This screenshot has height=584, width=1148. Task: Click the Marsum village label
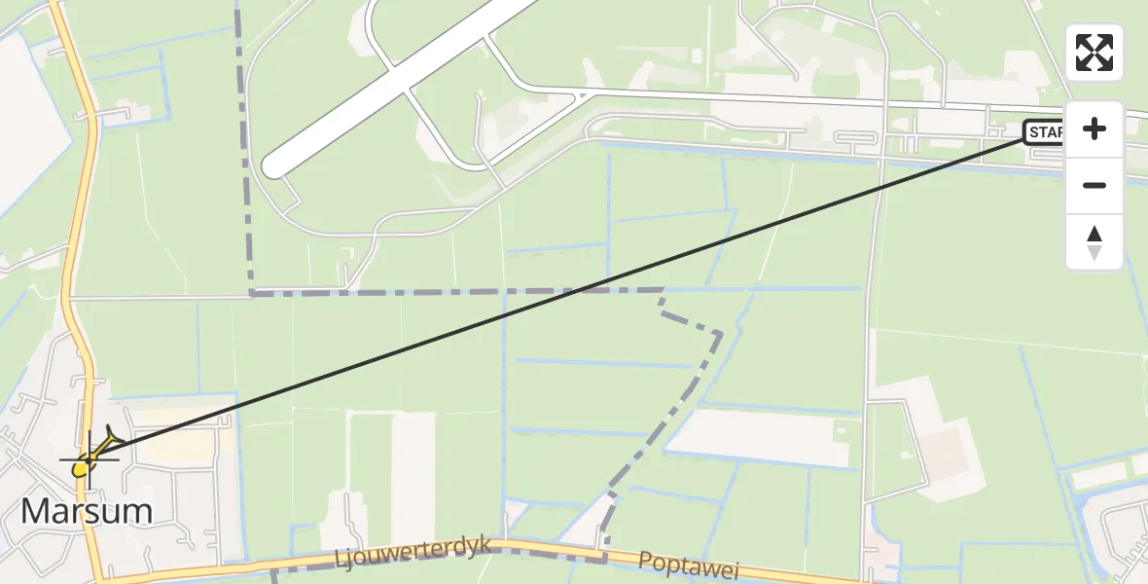(87, 511)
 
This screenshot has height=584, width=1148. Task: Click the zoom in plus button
(1094, 128)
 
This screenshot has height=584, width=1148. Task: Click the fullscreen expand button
(1094, 53)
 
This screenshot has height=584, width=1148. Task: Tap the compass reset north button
(1094, 242)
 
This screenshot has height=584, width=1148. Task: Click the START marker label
(1044, 132)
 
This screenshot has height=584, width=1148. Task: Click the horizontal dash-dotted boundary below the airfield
(438, 292)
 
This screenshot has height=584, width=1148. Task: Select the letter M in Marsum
(37, 511)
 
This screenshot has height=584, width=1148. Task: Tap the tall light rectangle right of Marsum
(413, 477)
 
